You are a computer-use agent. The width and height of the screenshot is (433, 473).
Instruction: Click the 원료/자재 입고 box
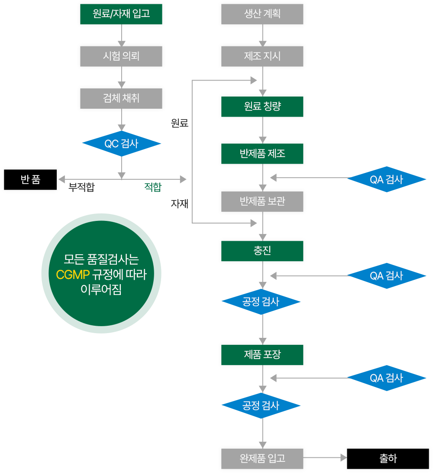coord(121,13)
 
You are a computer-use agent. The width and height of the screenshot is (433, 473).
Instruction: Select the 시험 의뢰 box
coord(121,55)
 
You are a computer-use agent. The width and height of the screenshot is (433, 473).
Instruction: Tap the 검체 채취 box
coord(121,98)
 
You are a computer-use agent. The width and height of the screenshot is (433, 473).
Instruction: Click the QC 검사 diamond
coord(121,144)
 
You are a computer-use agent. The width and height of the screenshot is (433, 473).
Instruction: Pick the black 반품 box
coord(30,179)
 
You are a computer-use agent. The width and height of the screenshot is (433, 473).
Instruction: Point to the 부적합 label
coord(81,188)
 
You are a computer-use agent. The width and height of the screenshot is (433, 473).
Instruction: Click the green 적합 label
coord(152,187)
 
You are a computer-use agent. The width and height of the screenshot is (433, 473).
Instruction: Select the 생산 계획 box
coord(262,13)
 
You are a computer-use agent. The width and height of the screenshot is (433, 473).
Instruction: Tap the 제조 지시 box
coord(262,55)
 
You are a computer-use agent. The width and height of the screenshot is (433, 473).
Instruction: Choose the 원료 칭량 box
coord(262,106)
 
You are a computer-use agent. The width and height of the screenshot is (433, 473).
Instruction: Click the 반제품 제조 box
coord(262,153)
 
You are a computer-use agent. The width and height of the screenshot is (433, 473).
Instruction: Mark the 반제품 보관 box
coord(262,201)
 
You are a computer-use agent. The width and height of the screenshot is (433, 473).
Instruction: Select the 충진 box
coord(262,251)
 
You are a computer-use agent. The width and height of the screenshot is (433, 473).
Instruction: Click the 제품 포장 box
coord(262,354)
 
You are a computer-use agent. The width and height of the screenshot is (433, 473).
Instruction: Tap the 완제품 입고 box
coord(262,458)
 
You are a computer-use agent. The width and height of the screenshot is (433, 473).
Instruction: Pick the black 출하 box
coord(388,458)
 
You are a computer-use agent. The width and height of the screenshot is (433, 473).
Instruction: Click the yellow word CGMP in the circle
coord(73,275)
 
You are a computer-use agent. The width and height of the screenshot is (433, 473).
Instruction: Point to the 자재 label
coord(179,204)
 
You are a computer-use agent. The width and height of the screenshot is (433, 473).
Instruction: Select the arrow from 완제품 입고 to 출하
coord(325,458)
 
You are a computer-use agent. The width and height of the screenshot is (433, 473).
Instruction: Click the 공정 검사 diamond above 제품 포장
coord(261,302)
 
